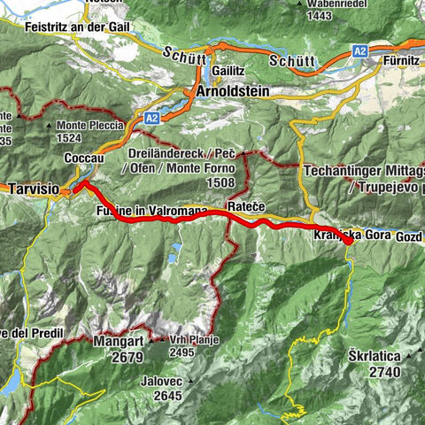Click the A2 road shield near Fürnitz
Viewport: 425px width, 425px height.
[x=361, y=52]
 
